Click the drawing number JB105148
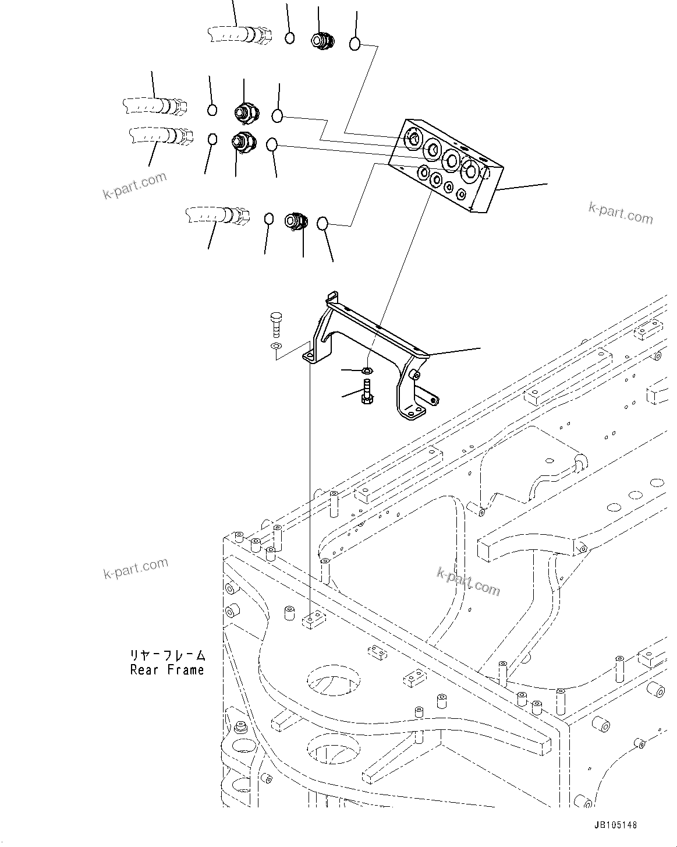(616, 825)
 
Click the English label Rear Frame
(167, 670)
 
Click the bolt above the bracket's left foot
(276, 323)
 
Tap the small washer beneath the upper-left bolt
(275, 347)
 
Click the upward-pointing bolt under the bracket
(367, 391)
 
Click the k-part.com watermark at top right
(621, 213)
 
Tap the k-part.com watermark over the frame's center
(469, 581)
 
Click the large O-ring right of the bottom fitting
(323, 223)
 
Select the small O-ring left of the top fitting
(289, 38)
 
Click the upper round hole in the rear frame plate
(329, 677)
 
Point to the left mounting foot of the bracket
(311, 356)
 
